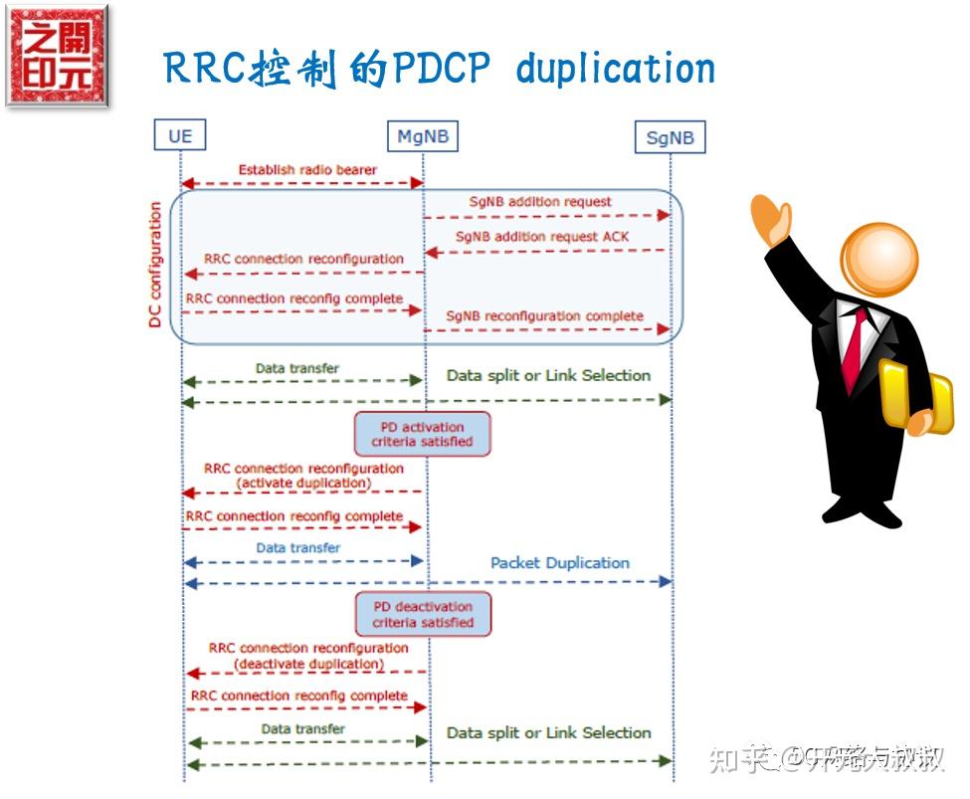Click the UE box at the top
[180, 135]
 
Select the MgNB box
[423, 135]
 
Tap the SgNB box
[670, 137]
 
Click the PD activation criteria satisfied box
[422, 434]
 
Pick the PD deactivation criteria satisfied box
[423, 614]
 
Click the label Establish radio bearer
[307, 170]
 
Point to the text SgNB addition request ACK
[542, 237]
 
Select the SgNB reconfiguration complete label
[544, 316]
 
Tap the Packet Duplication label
[559, 562]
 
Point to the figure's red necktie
[854, 348]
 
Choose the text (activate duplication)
[303, 483]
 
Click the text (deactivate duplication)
[308, 664]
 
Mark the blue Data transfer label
[297, 547]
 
